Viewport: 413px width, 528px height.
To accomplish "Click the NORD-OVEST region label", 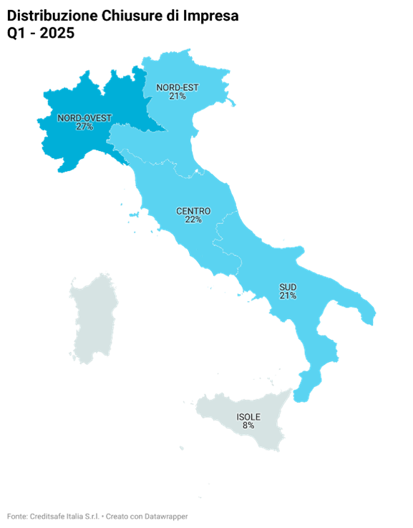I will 84,117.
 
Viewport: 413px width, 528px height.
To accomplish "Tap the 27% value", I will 84,127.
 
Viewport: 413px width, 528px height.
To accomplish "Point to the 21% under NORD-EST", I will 178,97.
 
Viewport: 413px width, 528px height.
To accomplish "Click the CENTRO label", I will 193,211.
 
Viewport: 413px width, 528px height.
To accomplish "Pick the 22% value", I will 193,220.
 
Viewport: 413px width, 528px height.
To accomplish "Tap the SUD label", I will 288,286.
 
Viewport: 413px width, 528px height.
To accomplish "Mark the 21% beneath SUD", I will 288,295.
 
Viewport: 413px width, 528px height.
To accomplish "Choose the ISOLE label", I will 248,416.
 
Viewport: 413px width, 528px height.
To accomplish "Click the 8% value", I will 248,426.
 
